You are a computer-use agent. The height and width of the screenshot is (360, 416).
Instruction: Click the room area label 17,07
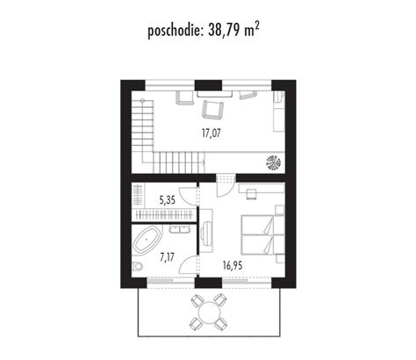coord(212,133)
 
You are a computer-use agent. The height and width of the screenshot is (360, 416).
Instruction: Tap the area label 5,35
coord(167,200)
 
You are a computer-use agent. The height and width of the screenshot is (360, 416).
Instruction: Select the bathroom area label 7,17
coord(167,257)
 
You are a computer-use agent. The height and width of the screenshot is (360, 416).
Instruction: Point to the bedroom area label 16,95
coord(233,266)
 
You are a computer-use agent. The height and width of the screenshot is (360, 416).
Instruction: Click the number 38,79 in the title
coord(225,30)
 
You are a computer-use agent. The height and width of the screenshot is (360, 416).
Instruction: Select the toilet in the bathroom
coord(137,267)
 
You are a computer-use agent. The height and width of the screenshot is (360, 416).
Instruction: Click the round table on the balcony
coord(209,313)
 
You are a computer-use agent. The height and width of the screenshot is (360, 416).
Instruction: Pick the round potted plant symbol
coord(273,162)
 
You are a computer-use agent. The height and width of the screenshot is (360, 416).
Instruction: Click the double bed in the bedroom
coord(262,234)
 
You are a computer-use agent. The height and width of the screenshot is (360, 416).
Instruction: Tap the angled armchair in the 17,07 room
coord(213,110)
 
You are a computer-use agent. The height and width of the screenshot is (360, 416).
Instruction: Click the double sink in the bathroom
coord(180,229)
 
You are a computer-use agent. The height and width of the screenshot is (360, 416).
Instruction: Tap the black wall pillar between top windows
coord(208,85)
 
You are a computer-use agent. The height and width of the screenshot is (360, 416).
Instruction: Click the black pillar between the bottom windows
coord(208,283)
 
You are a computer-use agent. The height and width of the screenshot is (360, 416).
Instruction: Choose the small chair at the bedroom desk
coord(252,194)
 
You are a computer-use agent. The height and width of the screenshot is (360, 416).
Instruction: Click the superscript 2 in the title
coord(256,26)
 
